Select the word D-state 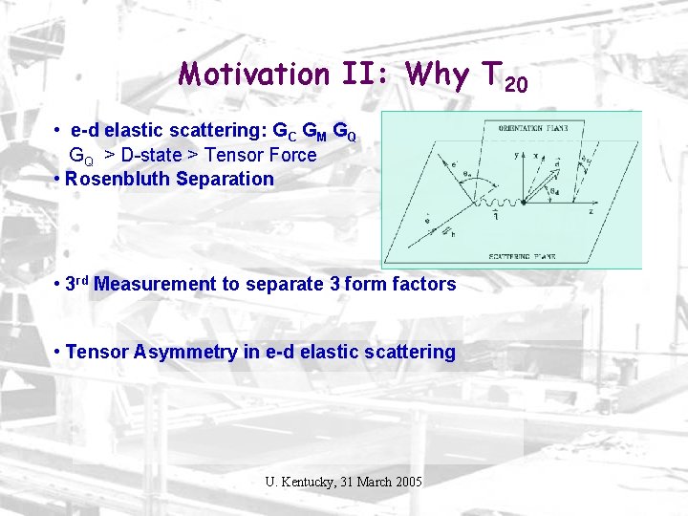159,155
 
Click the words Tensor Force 268,155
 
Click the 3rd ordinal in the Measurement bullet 77,283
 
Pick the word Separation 226,179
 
